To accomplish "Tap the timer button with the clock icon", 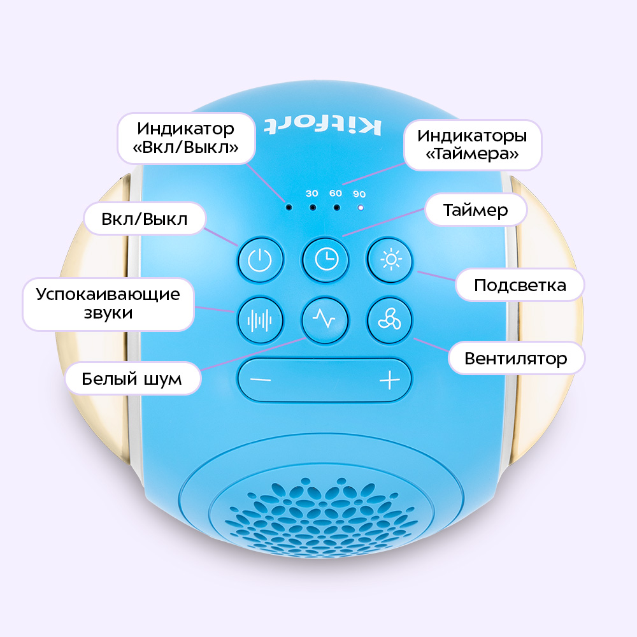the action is [326, 260].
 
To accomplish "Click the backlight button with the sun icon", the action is [390, 260].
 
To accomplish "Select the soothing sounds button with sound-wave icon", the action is [261, 320].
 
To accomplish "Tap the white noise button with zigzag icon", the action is [325, 320].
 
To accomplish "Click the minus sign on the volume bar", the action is [261, 380].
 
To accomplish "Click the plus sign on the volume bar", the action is [389, 380].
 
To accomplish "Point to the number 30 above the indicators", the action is [312, 194].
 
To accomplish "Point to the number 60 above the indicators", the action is [336, 194].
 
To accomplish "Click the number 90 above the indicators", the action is [359, 194].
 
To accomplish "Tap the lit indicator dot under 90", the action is [360, 208].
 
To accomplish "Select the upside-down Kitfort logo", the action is [323, 126].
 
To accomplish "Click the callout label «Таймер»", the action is [476, 210].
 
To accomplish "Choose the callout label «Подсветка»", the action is [520, 285].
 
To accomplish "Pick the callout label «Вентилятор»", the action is [517, 359].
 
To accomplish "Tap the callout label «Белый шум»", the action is [132, 378].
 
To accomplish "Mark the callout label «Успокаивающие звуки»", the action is [108, 304].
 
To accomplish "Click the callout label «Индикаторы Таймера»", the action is [473, 145].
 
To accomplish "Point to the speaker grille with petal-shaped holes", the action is [322, 516].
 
